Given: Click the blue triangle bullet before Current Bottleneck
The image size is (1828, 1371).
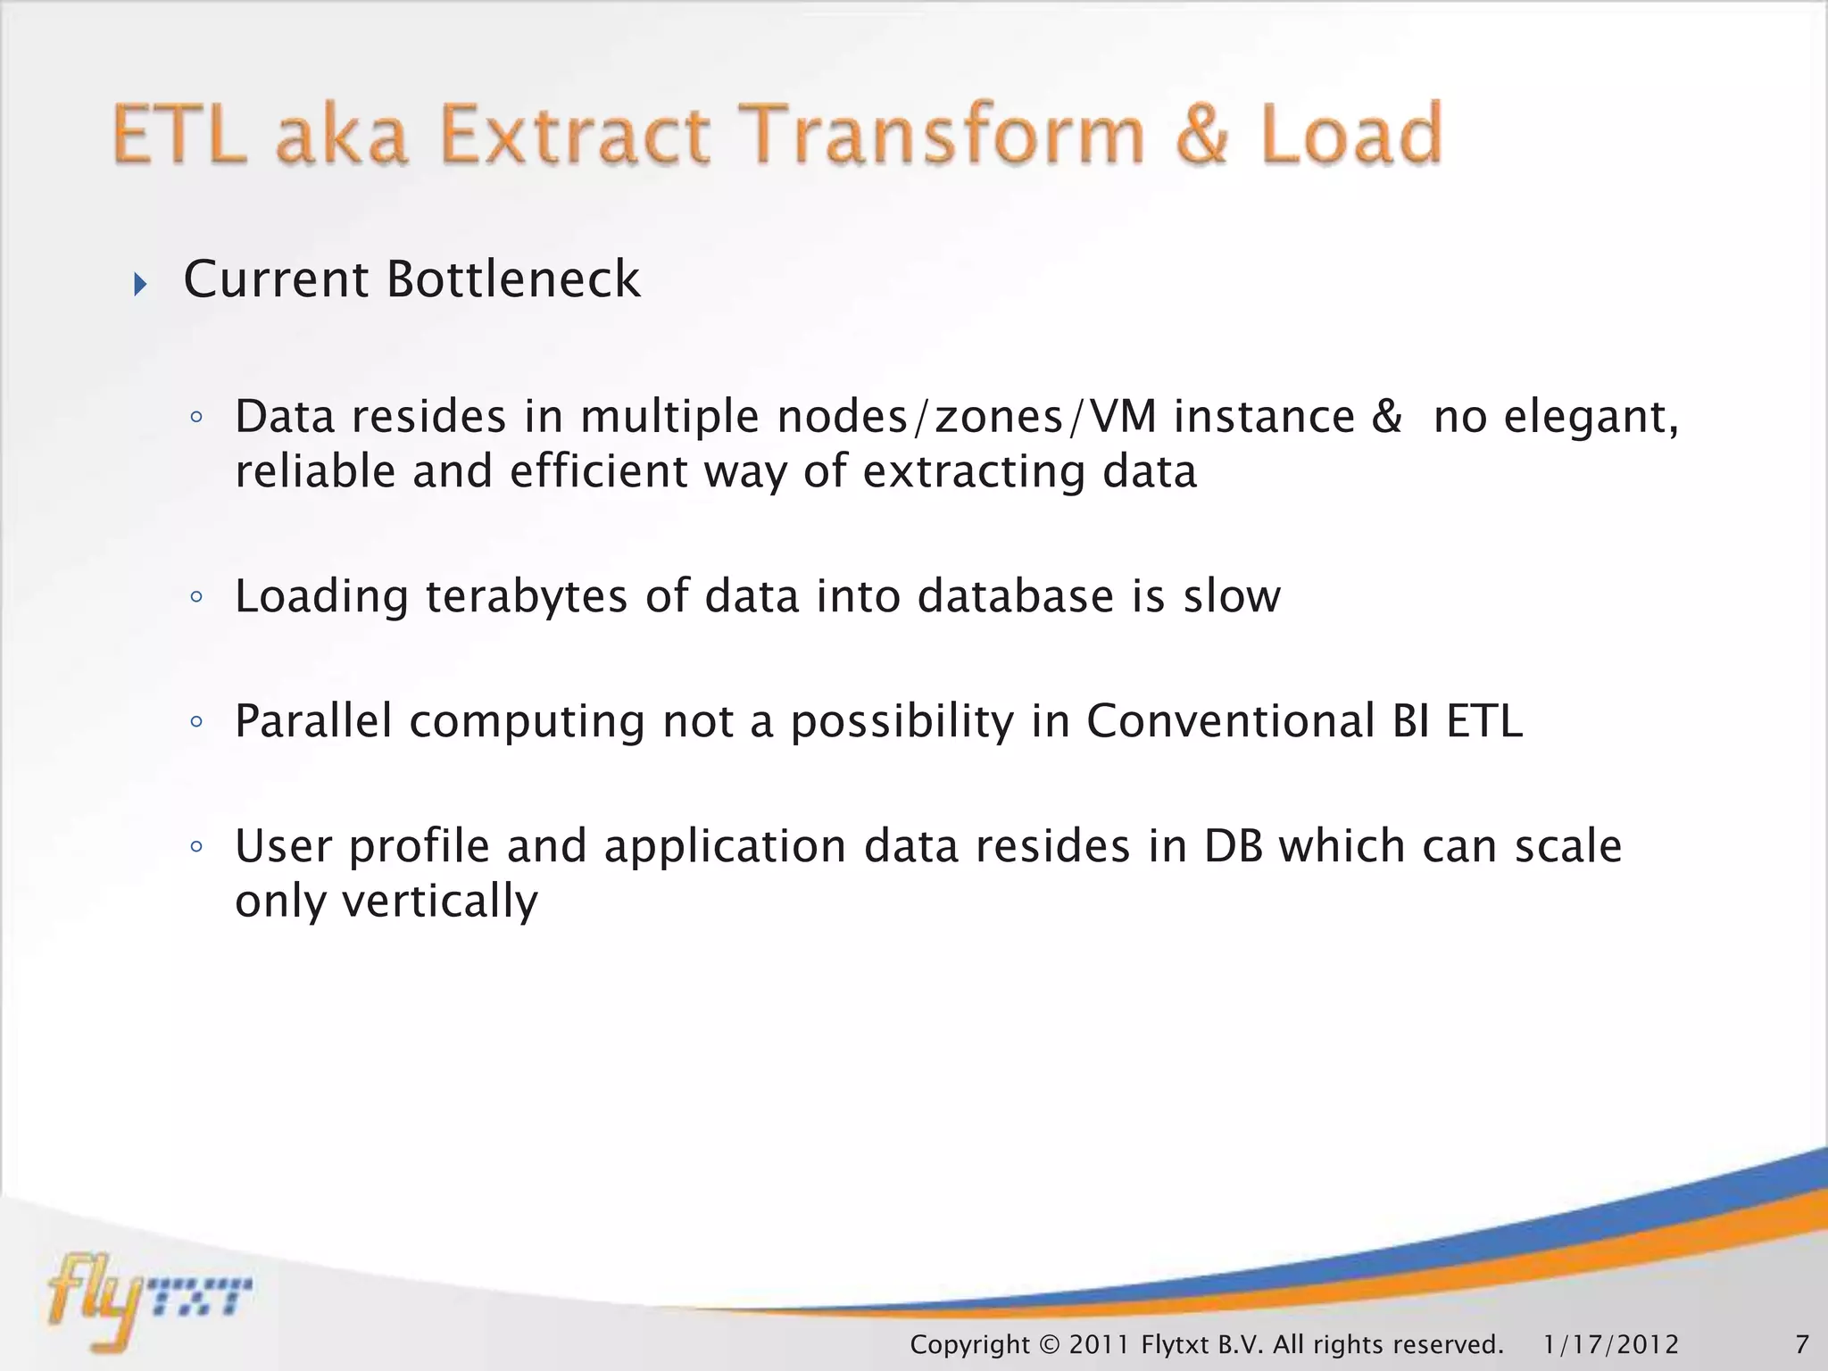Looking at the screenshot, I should point(140,285).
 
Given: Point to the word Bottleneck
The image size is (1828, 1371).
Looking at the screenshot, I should point(513,279).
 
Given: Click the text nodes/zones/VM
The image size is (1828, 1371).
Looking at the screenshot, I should point(967,417).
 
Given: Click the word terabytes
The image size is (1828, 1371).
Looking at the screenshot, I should point(527,596).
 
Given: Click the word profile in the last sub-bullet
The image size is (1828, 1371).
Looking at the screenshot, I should point(419,846).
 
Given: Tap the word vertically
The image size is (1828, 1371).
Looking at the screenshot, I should point(440,902).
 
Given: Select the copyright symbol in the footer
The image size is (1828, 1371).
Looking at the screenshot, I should point(1049,1344).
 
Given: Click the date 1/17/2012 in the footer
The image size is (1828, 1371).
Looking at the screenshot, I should point(1611,1344).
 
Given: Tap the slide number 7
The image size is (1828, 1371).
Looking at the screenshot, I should point(1801,1344).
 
